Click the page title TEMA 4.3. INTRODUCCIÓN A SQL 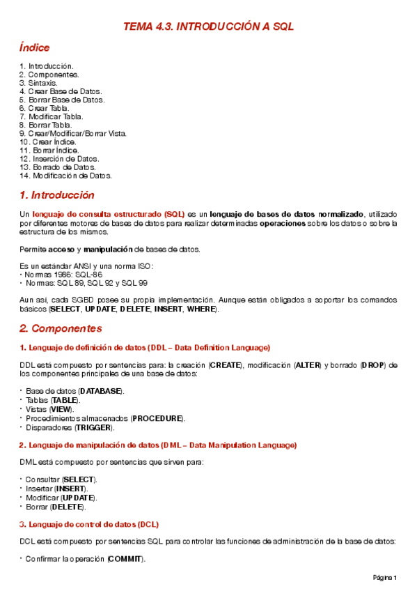208,26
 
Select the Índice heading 34,48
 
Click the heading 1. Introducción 57,195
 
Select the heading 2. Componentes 61,328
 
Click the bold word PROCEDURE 158,417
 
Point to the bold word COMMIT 125,559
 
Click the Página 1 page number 385,578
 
